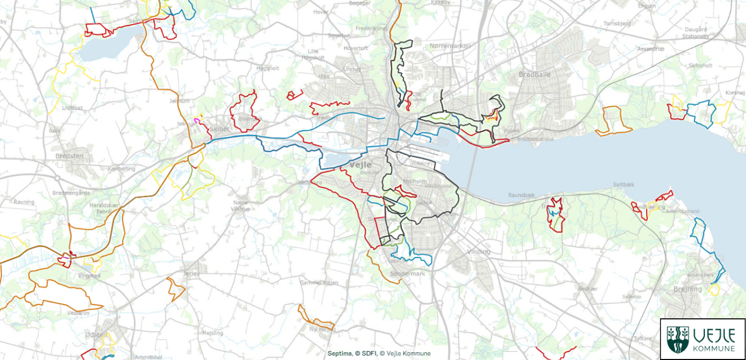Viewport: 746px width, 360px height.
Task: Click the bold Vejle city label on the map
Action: (x=360, y=165)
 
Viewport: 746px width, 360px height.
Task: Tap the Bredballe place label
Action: (x=534, y=75)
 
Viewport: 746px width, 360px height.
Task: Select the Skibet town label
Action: (x=220, y=129)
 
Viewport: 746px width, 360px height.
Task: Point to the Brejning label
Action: (x=687, y=289)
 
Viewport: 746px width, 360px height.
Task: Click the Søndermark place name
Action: (x=407, y=274)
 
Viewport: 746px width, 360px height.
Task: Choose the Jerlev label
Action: (x=191, y=274)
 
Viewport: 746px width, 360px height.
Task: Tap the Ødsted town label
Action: (x=96, y=335)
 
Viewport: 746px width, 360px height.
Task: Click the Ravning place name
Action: (x=24, y=202)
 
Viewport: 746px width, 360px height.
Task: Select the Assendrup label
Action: (x=649, y=50)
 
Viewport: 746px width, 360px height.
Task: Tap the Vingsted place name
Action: (x=88, y=276)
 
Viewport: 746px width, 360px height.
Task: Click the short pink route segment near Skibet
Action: (x=197, y=121)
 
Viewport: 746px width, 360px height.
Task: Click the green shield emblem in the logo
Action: (x=677, y=339)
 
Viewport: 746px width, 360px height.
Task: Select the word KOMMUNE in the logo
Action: (x=714, y=349)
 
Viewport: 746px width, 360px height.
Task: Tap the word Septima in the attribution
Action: (x=340, y=354)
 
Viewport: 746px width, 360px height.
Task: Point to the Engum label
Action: (x=646, y=6)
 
